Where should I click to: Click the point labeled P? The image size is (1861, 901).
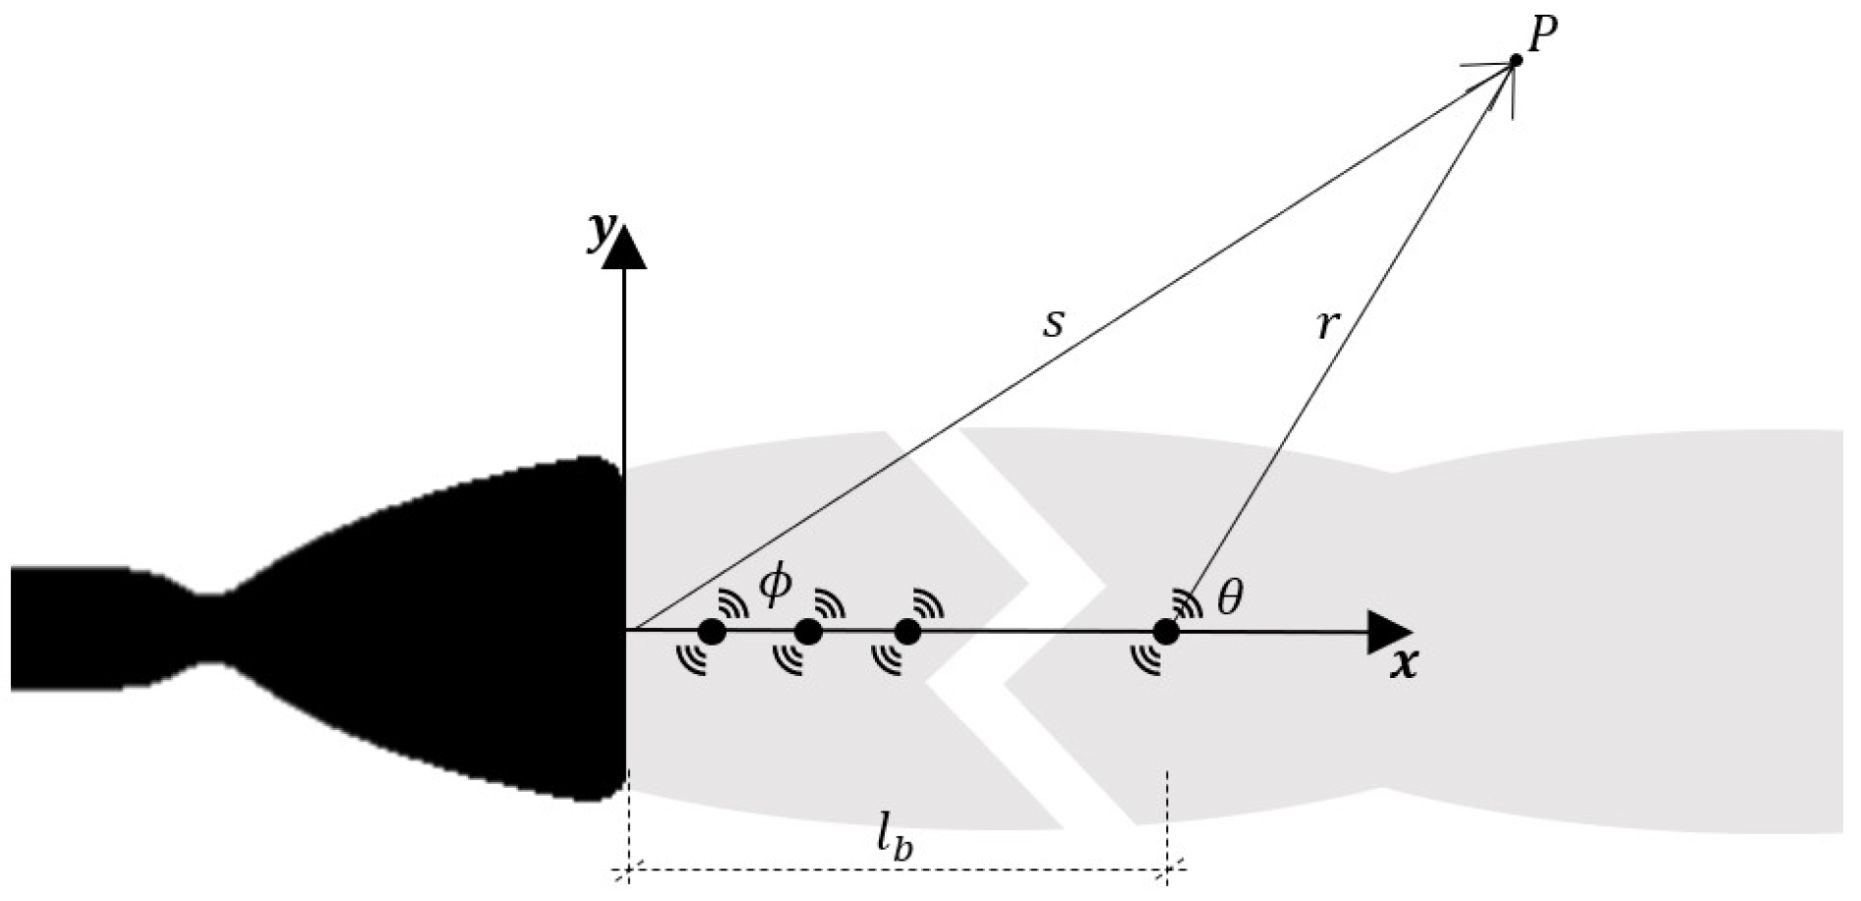1515,61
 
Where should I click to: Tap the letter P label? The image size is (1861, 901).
1543,37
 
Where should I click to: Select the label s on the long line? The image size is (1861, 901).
1054,322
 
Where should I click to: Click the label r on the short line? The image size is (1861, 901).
1326,325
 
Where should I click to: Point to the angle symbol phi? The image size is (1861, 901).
775,587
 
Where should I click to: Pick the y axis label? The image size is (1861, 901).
598,232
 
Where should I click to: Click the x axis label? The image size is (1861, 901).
1404,665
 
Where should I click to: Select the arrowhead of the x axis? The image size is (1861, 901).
1390,632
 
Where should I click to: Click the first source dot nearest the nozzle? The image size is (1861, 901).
712,632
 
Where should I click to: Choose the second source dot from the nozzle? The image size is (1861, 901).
808,632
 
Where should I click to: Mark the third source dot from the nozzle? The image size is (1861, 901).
907,632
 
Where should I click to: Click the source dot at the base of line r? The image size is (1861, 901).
1166,632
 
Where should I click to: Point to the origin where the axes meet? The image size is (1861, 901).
625,630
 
